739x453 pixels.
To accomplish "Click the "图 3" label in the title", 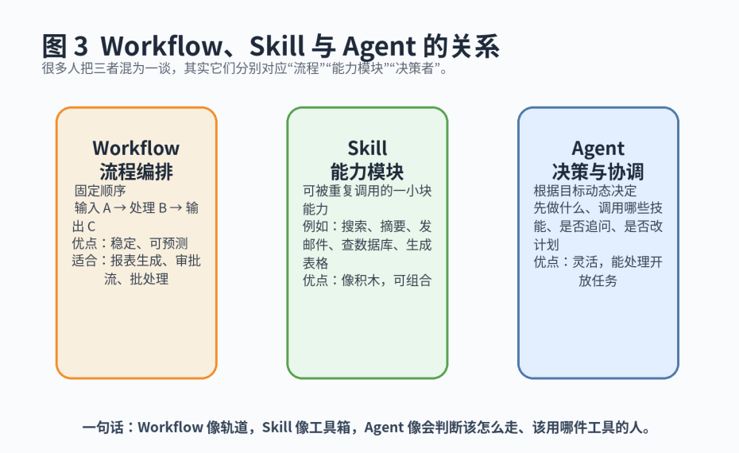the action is (65, 45).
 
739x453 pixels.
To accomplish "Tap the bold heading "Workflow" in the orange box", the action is (136, 149).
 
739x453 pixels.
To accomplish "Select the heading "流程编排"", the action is (136, 172).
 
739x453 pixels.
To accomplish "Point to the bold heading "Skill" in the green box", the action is (367, 149).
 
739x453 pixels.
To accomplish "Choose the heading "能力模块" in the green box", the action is (367, 172).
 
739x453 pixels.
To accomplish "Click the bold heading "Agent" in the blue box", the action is (598, 149).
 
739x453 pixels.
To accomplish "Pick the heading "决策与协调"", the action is (598, 172).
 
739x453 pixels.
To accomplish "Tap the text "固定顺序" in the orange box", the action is (100, 192).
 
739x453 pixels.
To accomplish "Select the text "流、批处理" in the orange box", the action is (137, 279).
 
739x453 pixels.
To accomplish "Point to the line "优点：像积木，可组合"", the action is (366, 280).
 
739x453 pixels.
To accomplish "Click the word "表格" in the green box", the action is (315, 262).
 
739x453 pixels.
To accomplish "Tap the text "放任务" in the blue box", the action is (598, 280).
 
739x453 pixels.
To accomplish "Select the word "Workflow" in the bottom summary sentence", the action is (170, 428).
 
